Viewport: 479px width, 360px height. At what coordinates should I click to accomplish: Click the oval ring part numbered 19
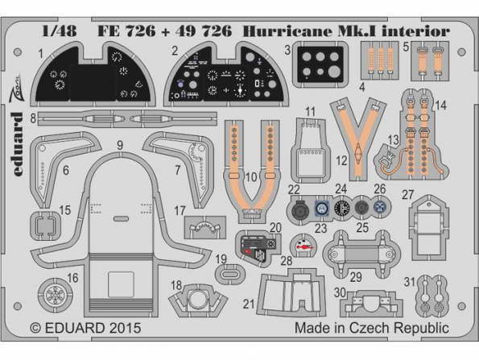229,274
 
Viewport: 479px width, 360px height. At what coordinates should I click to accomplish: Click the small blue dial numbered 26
380,208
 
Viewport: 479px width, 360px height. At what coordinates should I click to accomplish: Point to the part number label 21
250,304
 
